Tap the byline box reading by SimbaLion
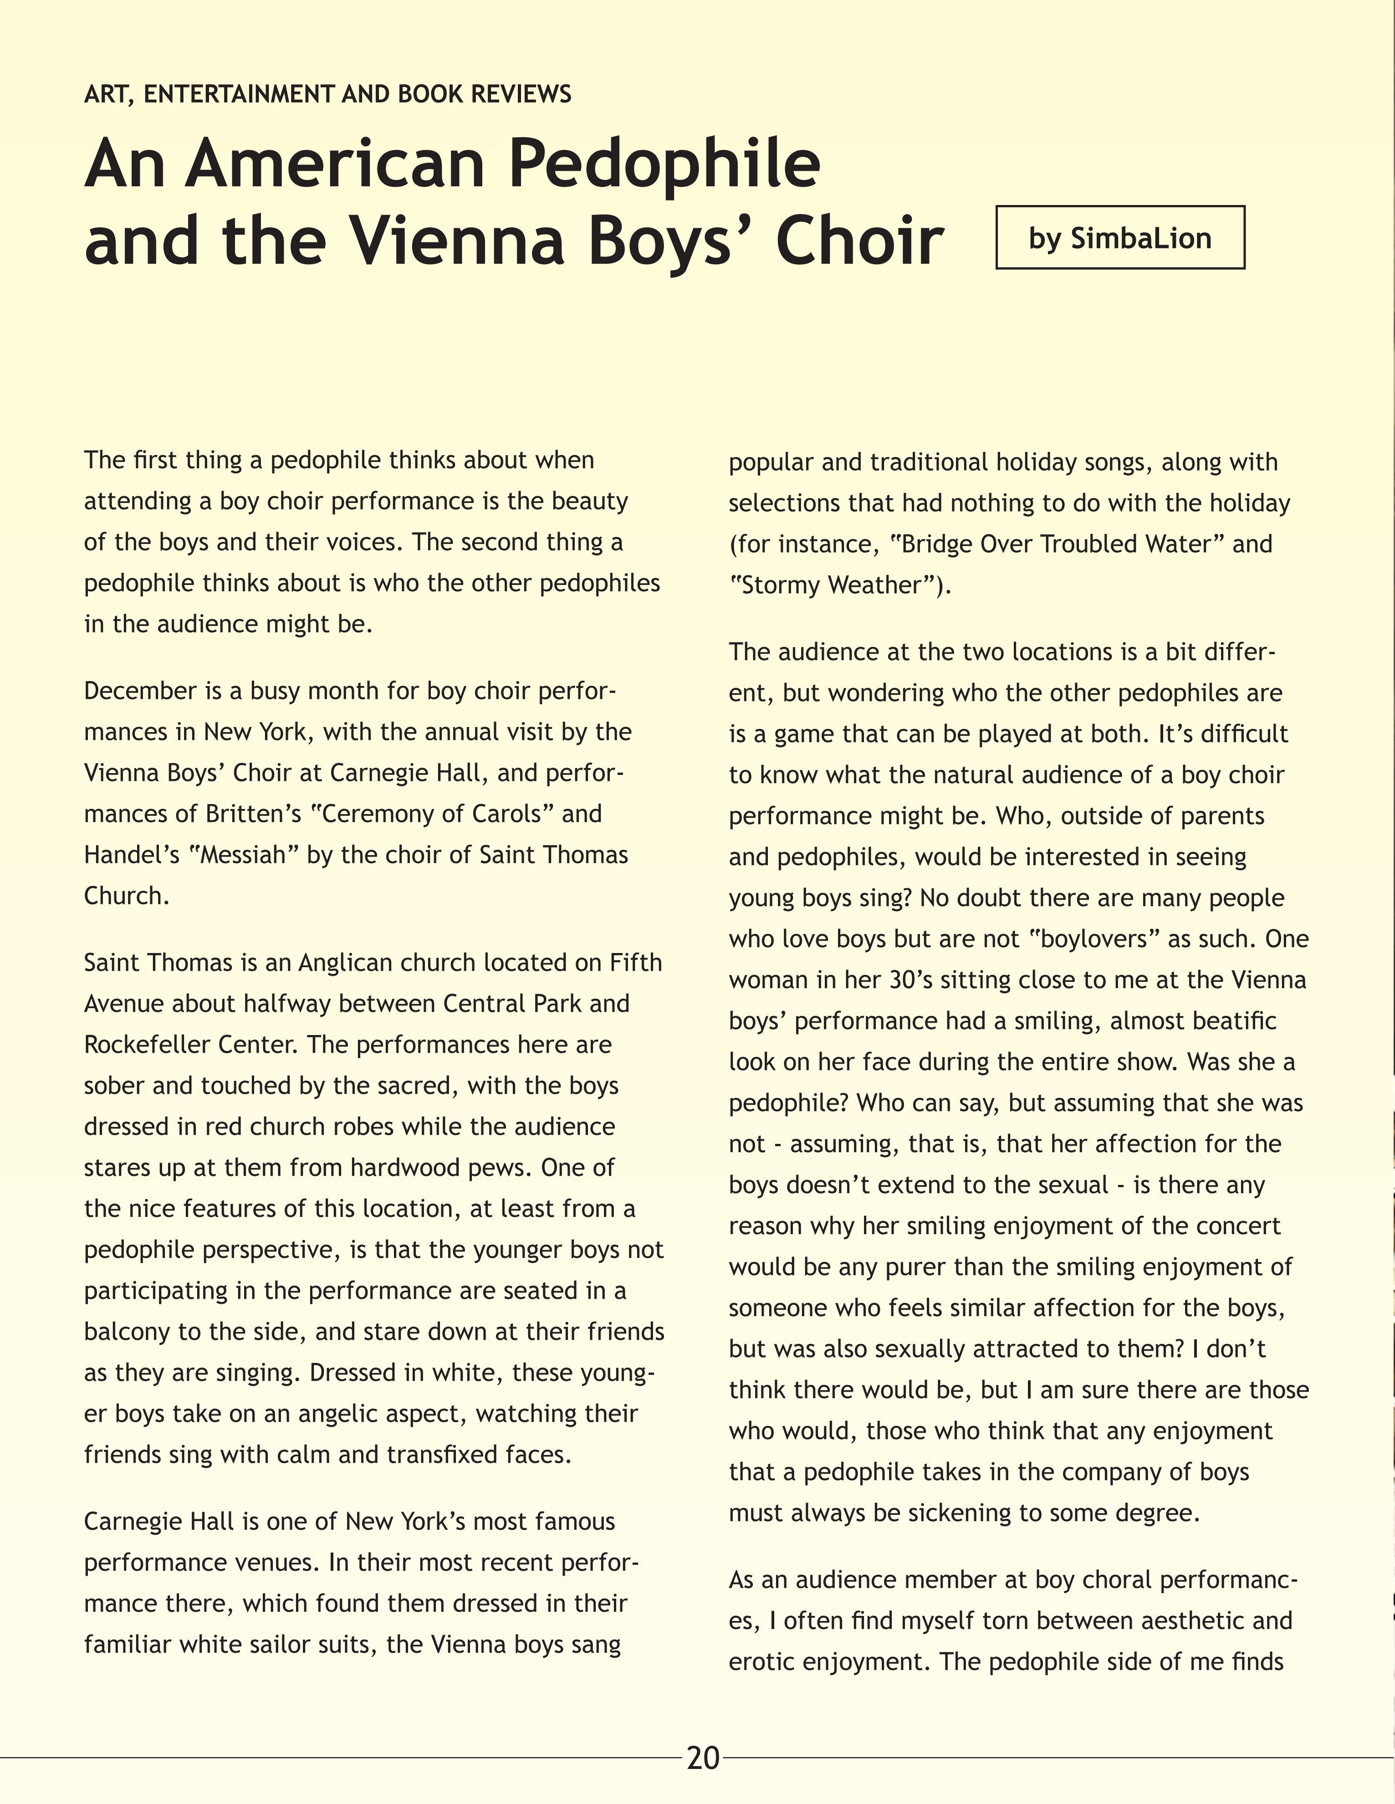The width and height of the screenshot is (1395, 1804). pos(1120,238)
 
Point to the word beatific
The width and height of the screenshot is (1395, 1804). pos(1235,1021)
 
